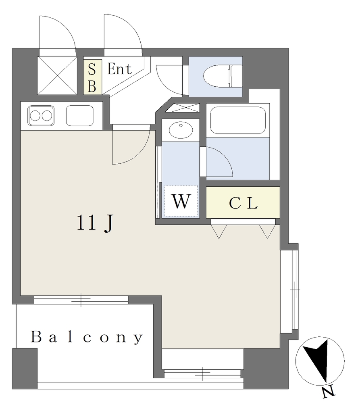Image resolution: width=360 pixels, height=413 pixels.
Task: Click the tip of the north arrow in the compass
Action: [327, 382]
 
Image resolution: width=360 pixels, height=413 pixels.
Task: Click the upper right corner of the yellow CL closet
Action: [279, 187]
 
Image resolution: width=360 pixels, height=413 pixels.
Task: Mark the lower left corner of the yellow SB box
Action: [84, 94]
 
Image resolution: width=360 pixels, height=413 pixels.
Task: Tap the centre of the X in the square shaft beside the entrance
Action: [57, 75]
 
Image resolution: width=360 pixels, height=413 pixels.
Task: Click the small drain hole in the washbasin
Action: [181, 125]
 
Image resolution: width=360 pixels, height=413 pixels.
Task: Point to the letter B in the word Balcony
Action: [36, 337]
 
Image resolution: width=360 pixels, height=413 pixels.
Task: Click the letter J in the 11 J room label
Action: [108, 223]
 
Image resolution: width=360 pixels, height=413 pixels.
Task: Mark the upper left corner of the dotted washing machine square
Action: [164, 186]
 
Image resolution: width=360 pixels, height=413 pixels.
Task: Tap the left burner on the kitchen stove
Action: [35, 116]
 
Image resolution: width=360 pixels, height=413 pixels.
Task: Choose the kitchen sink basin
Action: [79, 116]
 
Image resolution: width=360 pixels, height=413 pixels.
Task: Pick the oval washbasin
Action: [181, 130]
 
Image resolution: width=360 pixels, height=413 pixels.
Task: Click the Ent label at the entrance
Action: [119, 69]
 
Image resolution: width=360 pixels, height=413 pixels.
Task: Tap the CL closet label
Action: [243, 203]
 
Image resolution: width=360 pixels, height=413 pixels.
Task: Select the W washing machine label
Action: [181, 201]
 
